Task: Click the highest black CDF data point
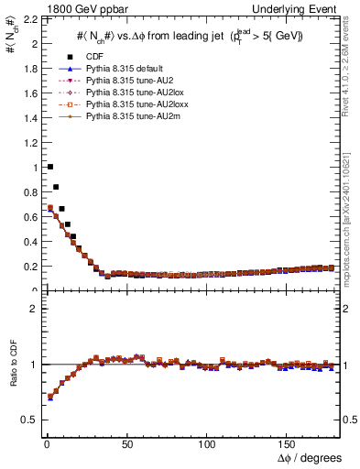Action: (49, 167)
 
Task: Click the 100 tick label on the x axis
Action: (207, 445)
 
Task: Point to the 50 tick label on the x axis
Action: (126, 445)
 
